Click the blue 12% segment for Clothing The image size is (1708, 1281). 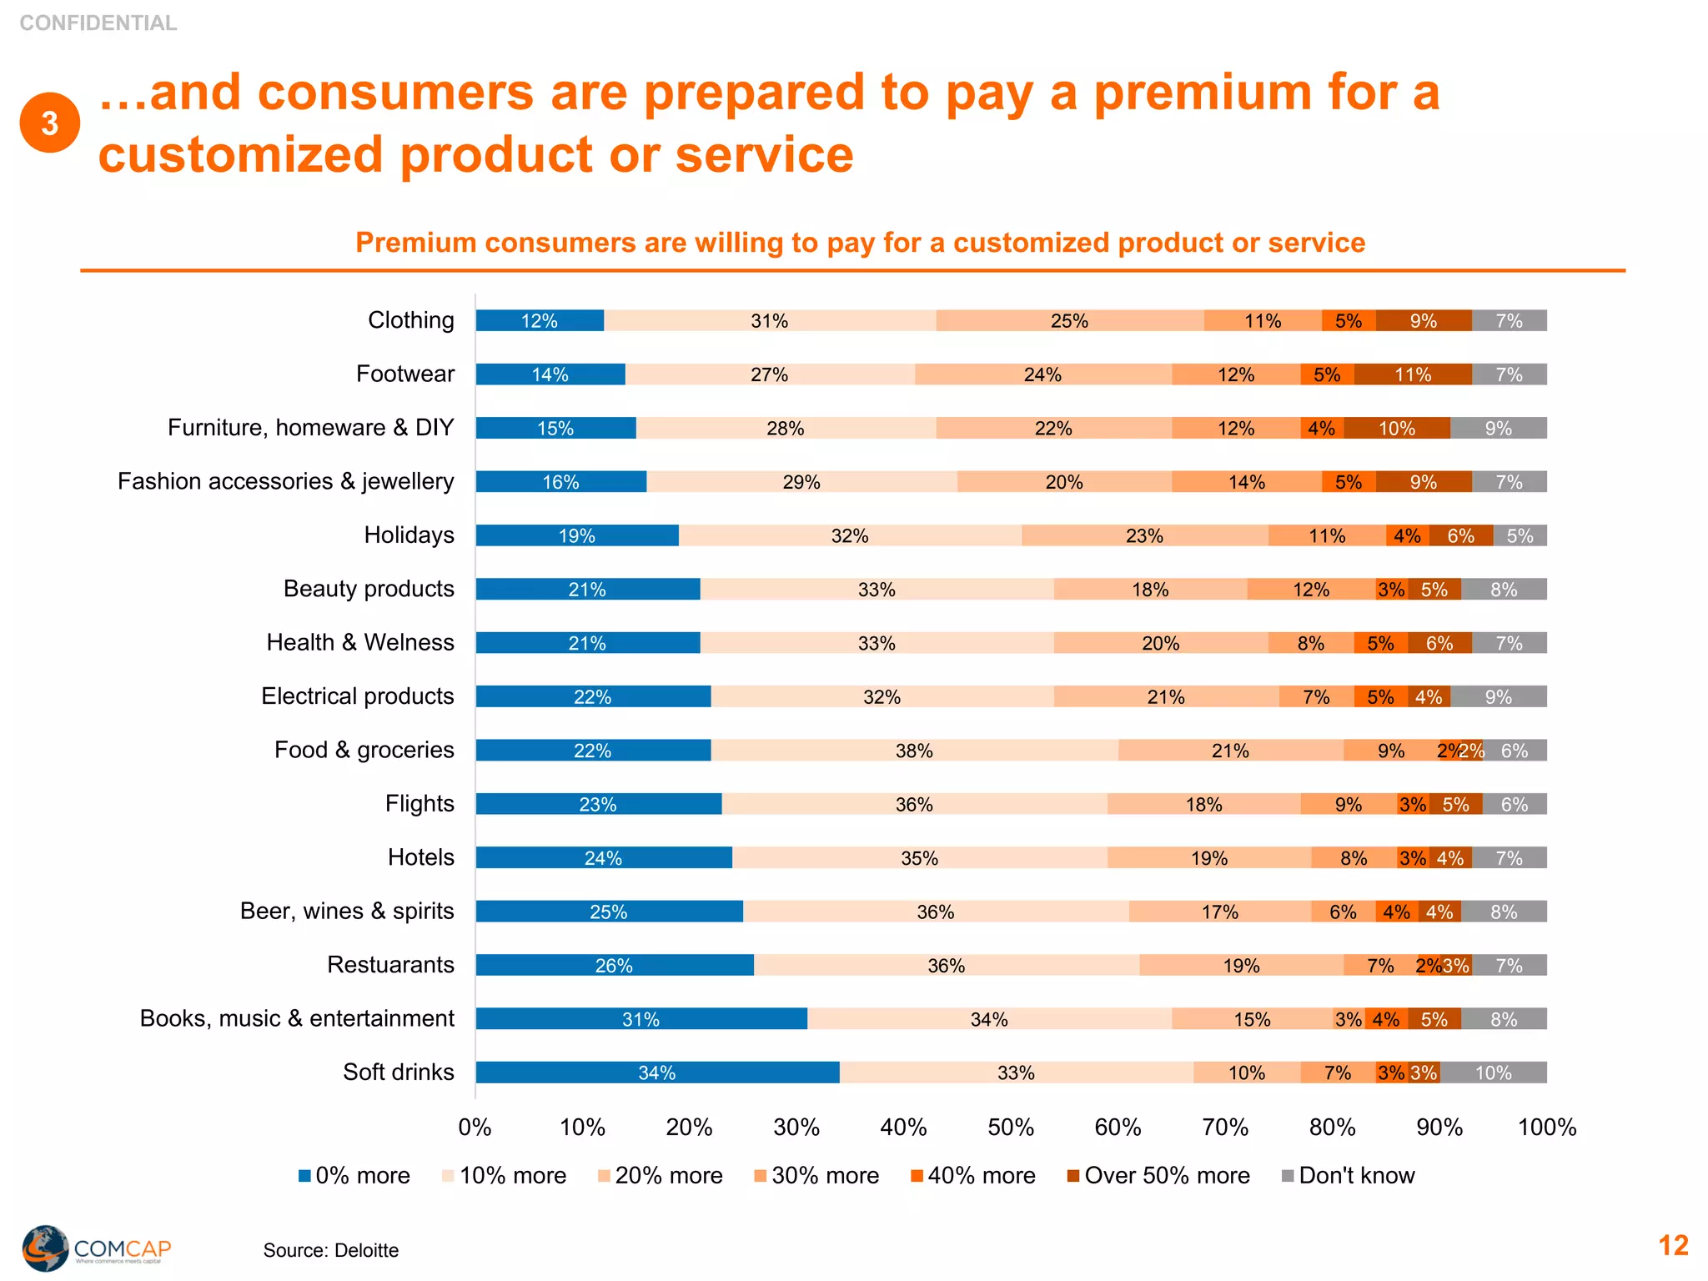(540, 321)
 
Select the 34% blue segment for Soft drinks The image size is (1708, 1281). (657, 1073)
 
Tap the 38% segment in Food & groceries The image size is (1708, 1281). (914, 751)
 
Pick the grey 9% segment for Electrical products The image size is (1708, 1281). (1498, 696)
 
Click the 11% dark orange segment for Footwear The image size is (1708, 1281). (1413, 374)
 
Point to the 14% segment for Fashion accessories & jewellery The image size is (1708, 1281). (1246, 482)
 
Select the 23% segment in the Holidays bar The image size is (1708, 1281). (1144, 535)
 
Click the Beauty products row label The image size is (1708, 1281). (369, 589)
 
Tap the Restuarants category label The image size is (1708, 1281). (390, 965)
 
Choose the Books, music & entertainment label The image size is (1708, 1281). (297, 1018)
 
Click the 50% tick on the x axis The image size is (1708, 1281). (1011, 1128)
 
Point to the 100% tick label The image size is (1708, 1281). (1546, 1128)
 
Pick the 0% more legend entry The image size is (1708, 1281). (354, 1176)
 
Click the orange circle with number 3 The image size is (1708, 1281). (50, 123)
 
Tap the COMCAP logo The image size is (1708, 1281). (96, 1248)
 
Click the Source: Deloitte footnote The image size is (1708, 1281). (330, 1250)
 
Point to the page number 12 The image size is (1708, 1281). (1672, 1245)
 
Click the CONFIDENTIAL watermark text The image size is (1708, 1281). (98, 23)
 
